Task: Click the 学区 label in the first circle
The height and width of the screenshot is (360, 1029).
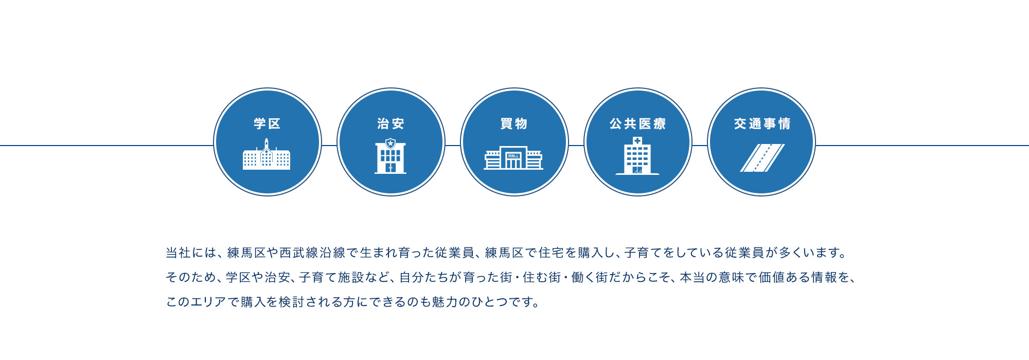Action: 267,124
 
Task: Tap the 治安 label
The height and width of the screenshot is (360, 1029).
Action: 391,124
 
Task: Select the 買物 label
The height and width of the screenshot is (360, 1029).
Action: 514,124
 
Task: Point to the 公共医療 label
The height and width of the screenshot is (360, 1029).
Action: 638,124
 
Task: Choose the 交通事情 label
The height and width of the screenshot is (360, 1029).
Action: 762,124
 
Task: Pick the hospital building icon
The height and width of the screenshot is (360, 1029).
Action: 637,156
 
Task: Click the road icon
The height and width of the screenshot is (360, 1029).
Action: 762,158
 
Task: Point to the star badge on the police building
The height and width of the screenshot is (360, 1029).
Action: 391,143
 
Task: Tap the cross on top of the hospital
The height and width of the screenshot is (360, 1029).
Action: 637,140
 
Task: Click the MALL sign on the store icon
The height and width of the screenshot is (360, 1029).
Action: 513,155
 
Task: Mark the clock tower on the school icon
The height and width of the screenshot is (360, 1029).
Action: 267,146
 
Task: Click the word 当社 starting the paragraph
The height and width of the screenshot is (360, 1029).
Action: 178,253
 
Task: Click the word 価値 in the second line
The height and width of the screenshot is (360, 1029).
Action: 771,278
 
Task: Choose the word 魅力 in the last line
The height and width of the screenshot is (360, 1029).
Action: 445,302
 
